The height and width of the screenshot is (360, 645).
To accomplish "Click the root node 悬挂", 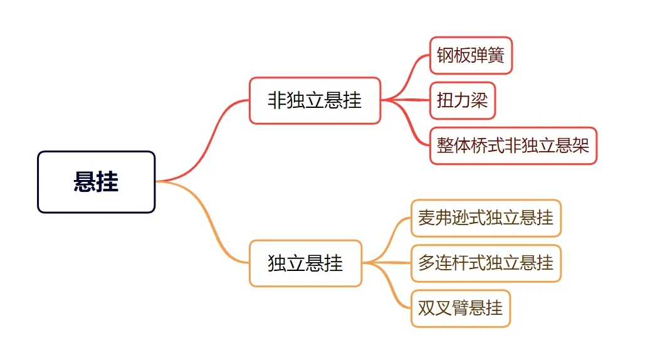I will (96, 182).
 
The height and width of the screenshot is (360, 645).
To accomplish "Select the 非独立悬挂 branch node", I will (315, 100).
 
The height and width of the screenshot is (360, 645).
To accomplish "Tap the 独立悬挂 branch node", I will (305, 263).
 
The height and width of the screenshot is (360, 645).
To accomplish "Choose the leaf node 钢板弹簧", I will (471, 56).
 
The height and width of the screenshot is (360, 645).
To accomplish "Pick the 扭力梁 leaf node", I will (463, 100).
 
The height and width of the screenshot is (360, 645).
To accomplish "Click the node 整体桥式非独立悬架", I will (513, 146).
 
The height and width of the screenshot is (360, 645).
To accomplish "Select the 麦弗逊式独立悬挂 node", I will (486, 218).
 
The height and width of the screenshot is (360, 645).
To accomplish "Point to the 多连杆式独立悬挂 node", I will (486, 263).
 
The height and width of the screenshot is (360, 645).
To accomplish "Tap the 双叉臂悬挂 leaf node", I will (461, 308).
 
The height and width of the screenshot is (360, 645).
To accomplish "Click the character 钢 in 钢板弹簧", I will (445, 56).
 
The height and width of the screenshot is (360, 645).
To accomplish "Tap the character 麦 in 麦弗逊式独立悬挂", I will (426, 218).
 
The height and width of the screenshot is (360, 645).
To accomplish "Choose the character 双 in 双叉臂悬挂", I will (426, 308).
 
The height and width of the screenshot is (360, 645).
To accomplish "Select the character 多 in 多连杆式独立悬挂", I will (426, 263).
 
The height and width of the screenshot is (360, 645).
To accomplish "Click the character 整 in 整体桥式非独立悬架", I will (445, 146).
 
